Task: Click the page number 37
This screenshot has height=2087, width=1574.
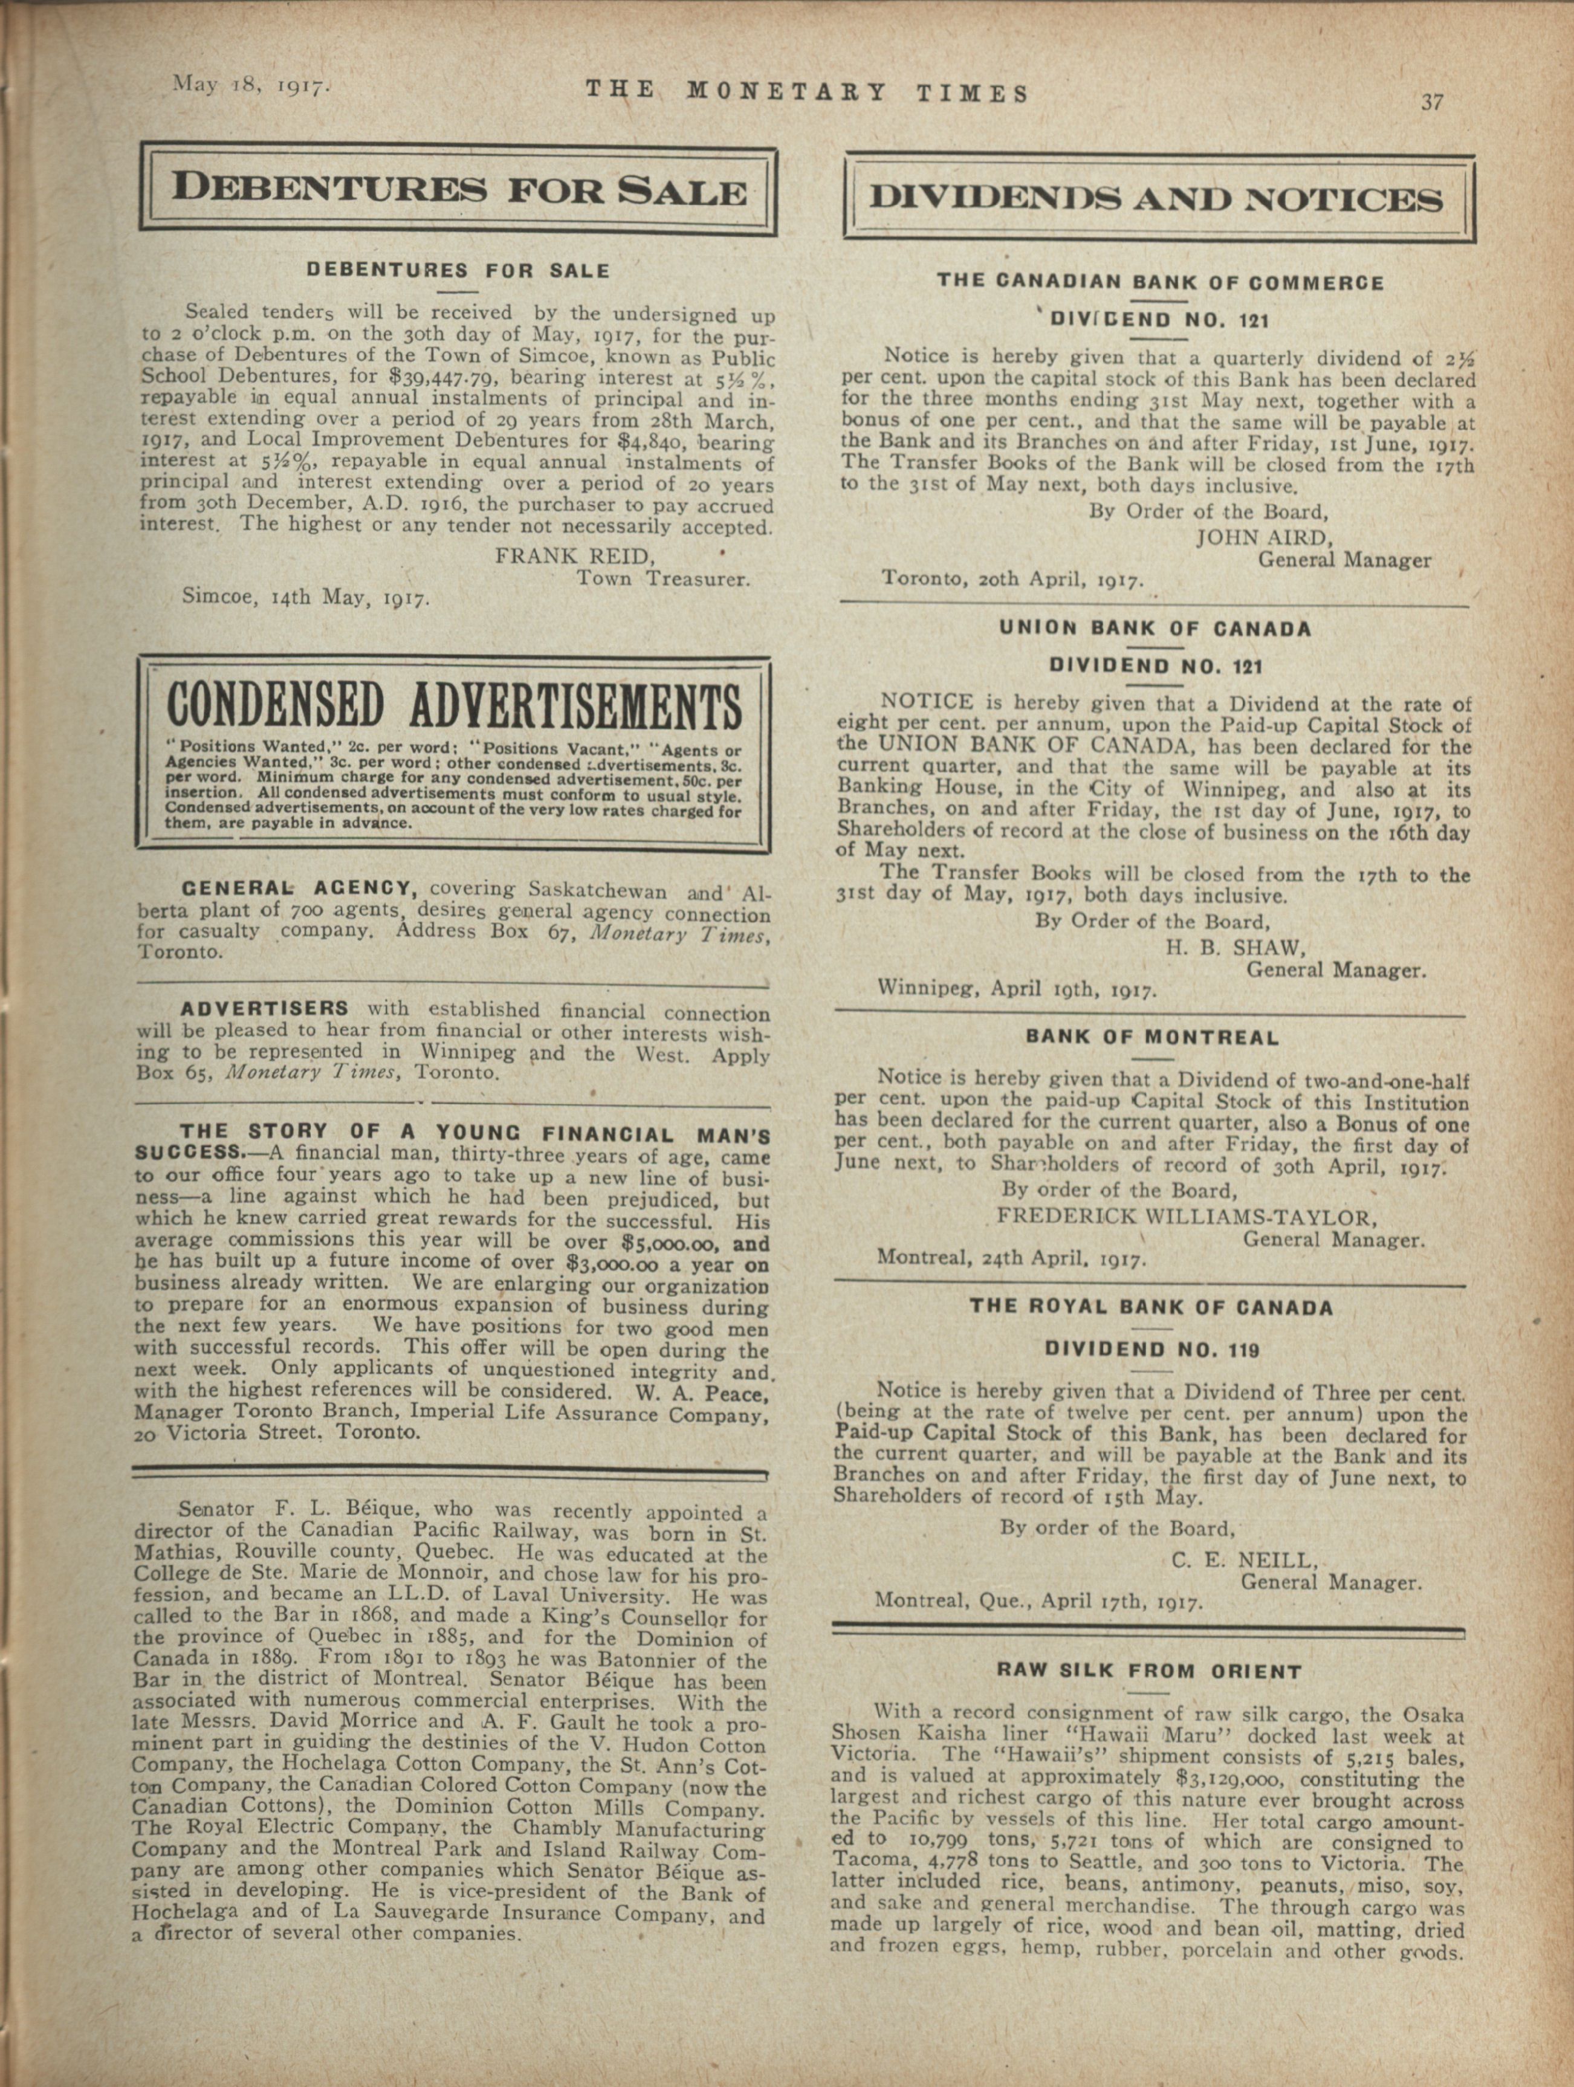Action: tap(1433, 102)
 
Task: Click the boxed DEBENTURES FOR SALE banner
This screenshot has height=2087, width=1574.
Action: tap(459, 190)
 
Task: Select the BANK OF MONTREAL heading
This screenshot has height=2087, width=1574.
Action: tap(1152, 1038)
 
